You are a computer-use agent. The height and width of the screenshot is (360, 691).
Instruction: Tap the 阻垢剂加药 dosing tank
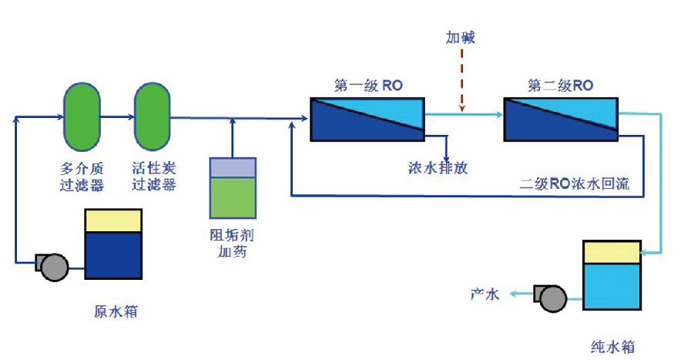(x=233, y=188)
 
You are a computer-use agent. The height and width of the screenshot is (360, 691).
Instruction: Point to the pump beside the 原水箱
(x=52, y=266)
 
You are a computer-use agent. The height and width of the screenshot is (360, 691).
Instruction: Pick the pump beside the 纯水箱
(x=552, y=296)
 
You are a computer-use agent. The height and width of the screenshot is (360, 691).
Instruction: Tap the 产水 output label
(x=485, y=293)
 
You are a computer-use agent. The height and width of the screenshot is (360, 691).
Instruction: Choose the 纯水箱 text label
(x=613, y=346)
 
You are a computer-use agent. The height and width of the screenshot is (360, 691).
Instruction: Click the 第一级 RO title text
(x=368, y=86)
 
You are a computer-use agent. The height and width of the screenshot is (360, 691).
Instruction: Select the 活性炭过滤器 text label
(x=154, y=176)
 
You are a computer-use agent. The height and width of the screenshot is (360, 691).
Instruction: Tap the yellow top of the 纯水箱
(x=612, y=251)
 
